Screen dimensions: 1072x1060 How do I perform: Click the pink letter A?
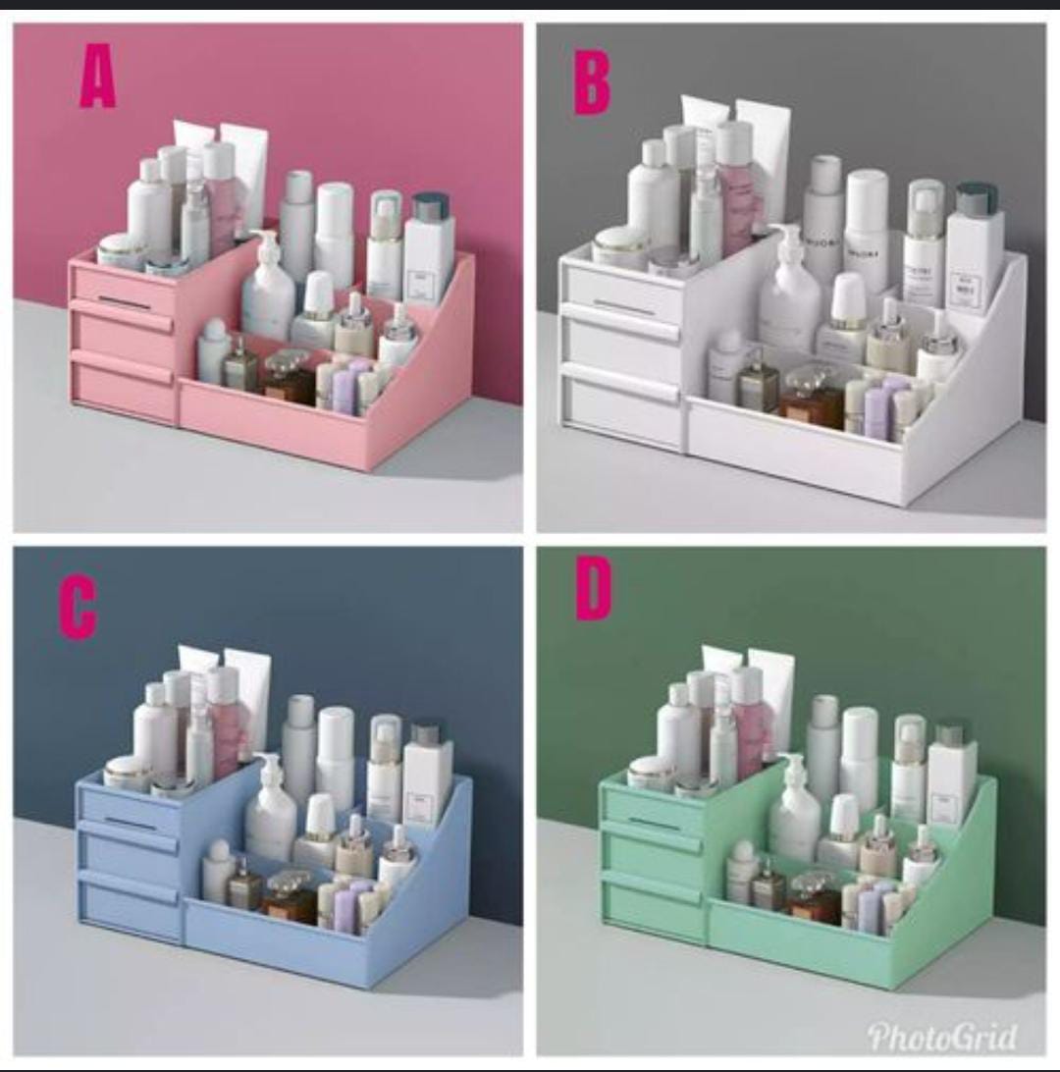(98, 78)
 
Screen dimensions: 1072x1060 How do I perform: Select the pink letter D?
(593, 591)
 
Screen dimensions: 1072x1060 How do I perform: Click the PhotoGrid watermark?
(941, 1036)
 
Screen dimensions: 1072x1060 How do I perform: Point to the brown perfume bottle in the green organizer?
(814, 894)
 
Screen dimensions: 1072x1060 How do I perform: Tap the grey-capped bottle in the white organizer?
(976, 245)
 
